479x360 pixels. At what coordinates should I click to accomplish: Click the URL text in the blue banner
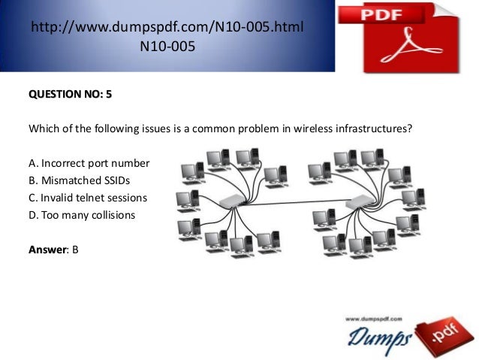pos(167,27)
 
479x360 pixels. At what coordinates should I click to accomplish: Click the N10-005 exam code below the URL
pos(167,47)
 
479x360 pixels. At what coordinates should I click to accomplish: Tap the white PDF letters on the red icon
pos(381,15)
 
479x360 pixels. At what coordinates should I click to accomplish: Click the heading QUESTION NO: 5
pos(71,94)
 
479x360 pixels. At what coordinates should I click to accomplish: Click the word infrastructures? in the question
pos(374,129)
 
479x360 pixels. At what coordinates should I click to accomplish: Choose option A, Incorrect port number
pos(89,163)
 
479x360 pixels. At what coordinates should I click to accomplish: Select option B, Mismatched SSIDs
pos(79,180)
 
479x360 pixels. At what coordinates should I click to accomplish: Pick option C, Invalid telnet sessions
pos(88,198)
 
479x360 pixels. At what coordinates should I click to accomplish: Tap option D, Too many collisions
pos(82,215)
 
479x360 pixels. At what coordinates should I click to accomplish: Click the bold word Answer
pos(47,250)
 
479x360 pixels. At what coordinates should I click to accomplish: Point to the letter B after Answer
pos(75,250)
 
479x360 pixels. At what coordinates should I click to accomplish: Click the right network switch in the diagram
pos(360,201)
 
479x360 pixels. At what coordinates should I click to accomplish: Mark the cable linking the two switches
pos(297,202)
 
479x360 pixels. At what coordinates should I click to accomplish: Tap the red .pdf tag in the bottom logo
pos(444,336)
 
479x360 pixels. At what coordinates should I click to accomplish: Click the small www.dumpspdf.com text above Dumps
pos(374,319)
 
